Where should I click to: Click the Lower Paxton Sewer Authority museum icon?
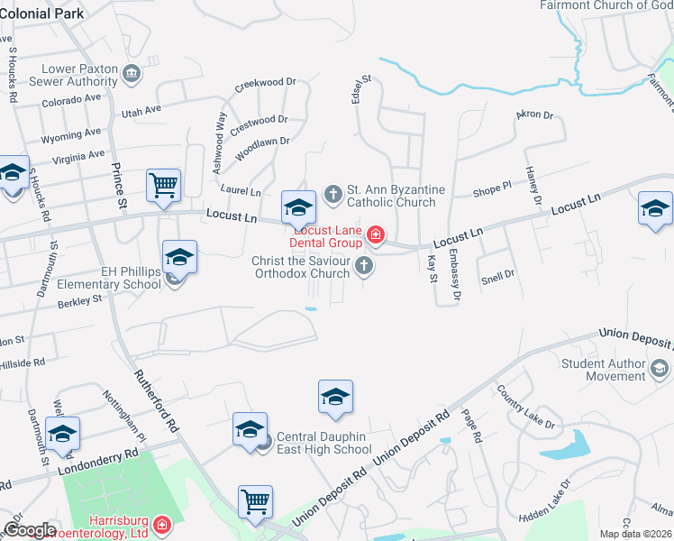click(x=132, y=72)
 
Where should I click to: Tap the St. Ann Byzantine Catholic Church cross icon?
click(x=332, y=192)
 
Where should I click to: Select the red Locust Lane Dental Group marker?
click(x=375, y=237)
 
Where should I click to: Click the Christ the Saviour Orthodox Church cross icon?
click(x=364, y=264)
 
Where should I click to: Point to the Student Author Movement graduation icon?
click(x=660, y=368)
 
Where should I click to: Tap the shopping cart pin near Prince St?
click(x=163, y=187)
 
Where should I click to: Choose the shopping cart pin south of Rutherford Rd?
click(x=256, y=501)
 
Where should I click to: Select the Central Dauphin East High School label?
click(x=323, y=443)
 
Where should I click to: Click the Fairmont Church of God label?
click(x=605, y=5)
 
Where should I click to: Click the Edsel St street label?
click(x=367, y=88)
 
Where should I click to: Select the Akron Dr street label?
click(x=533, y=115)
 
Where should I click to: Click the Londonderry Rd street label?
click(x=98, y=461)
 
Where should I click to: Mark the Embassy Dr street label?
click(x=455, y=275)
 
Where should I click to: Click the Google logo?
click(x=30, y=530)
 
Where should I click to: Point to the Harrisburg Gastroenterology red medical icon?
click(x=162, y=524)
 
